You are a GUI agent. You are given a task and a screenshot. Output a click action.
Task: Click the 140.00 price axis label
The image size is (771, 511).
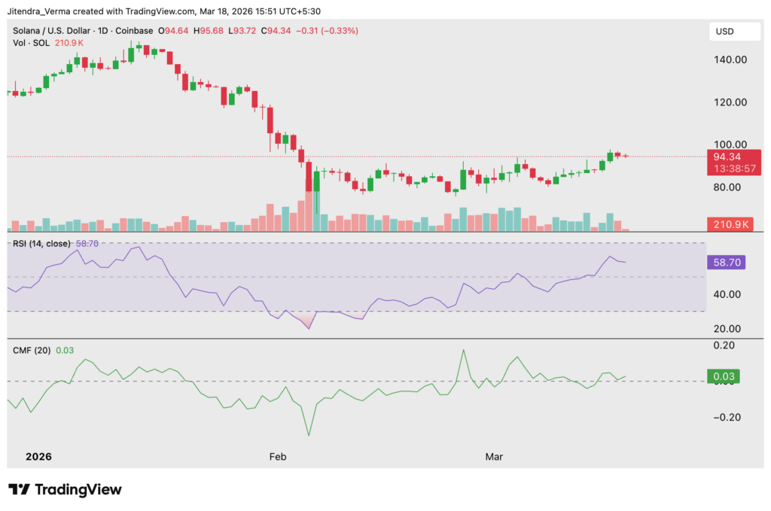click(x=729, y=59)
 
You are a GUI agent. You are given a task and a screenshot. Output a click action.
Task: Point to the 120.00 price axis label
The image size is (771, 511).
click(x=729, y=102)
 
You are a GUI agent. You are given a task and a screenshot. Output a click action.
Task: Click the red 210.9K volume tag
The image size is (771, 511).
click(x=728, y=224)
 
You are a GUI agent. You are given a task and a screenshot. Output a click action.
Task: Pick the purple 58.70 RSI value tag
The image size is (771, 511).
click(x=727, y=262)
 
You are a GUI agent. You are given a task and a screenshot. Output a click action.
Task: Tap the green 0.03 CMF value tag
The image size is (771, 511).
click(x=727, y=376)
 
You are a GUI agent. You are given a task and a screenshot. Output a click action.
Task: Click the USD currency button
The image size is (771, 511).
click(x=726, y=32)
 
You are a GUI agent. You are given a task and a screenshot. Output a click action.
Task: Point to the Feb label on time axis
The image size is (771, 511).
click(x=279, y=457)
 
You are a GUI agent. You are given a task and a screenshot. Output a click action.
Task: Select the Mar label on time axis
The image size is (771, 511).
click(x=494, y=457)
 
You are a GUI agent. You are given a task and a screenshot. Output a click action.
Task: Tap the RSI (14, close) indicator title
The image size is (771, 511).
click(x=42, y=243)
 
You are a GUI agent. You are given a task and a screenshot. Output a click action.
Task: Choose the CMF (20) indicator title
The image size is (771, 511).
click(x=32, y=350)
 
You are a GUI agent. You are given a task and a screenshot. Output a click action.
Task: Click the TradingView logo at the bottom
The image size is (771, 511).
click(x=65, y=489)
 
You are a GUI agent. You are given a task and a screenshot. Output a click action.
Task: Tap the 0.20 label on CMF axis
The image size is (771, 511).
click(x=730, y=345)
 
